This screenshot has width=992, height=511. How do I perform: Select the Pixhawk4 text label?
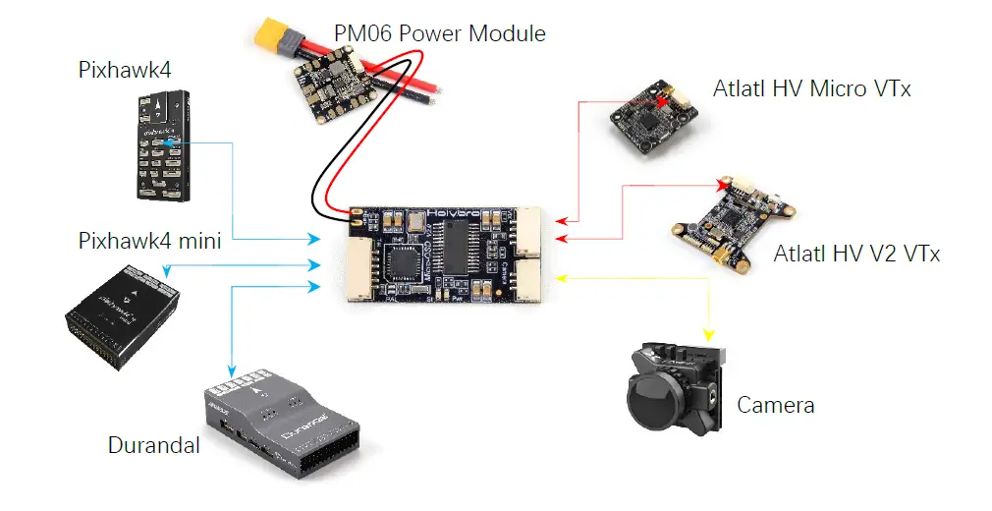pyautogui.click(x=119, y=70)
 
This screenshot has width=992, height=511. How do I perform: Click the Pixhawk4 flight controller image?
pyautogui.click(x=161, y=143)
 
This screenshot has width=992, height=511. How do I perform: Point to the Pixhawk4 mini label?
pyautogui.click(x=149, y=241)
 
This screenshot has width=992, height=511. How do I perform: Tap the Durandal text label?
pyautogui.click(x=154, y=445)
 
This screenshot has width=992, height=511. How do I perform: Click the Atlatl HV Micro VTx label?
pyautogui.click(x=812, y=89)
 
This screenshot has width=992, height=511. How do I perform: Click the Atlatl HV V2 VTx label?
pyautogui.click(x=856, y=255)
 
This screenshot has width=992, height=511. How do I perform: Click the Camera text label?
pyautogui.click(x=776, y=405)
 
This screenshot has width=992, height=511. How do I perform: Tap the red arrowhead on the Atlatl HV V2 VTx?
pyautogui.click(x=724, y=184)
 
